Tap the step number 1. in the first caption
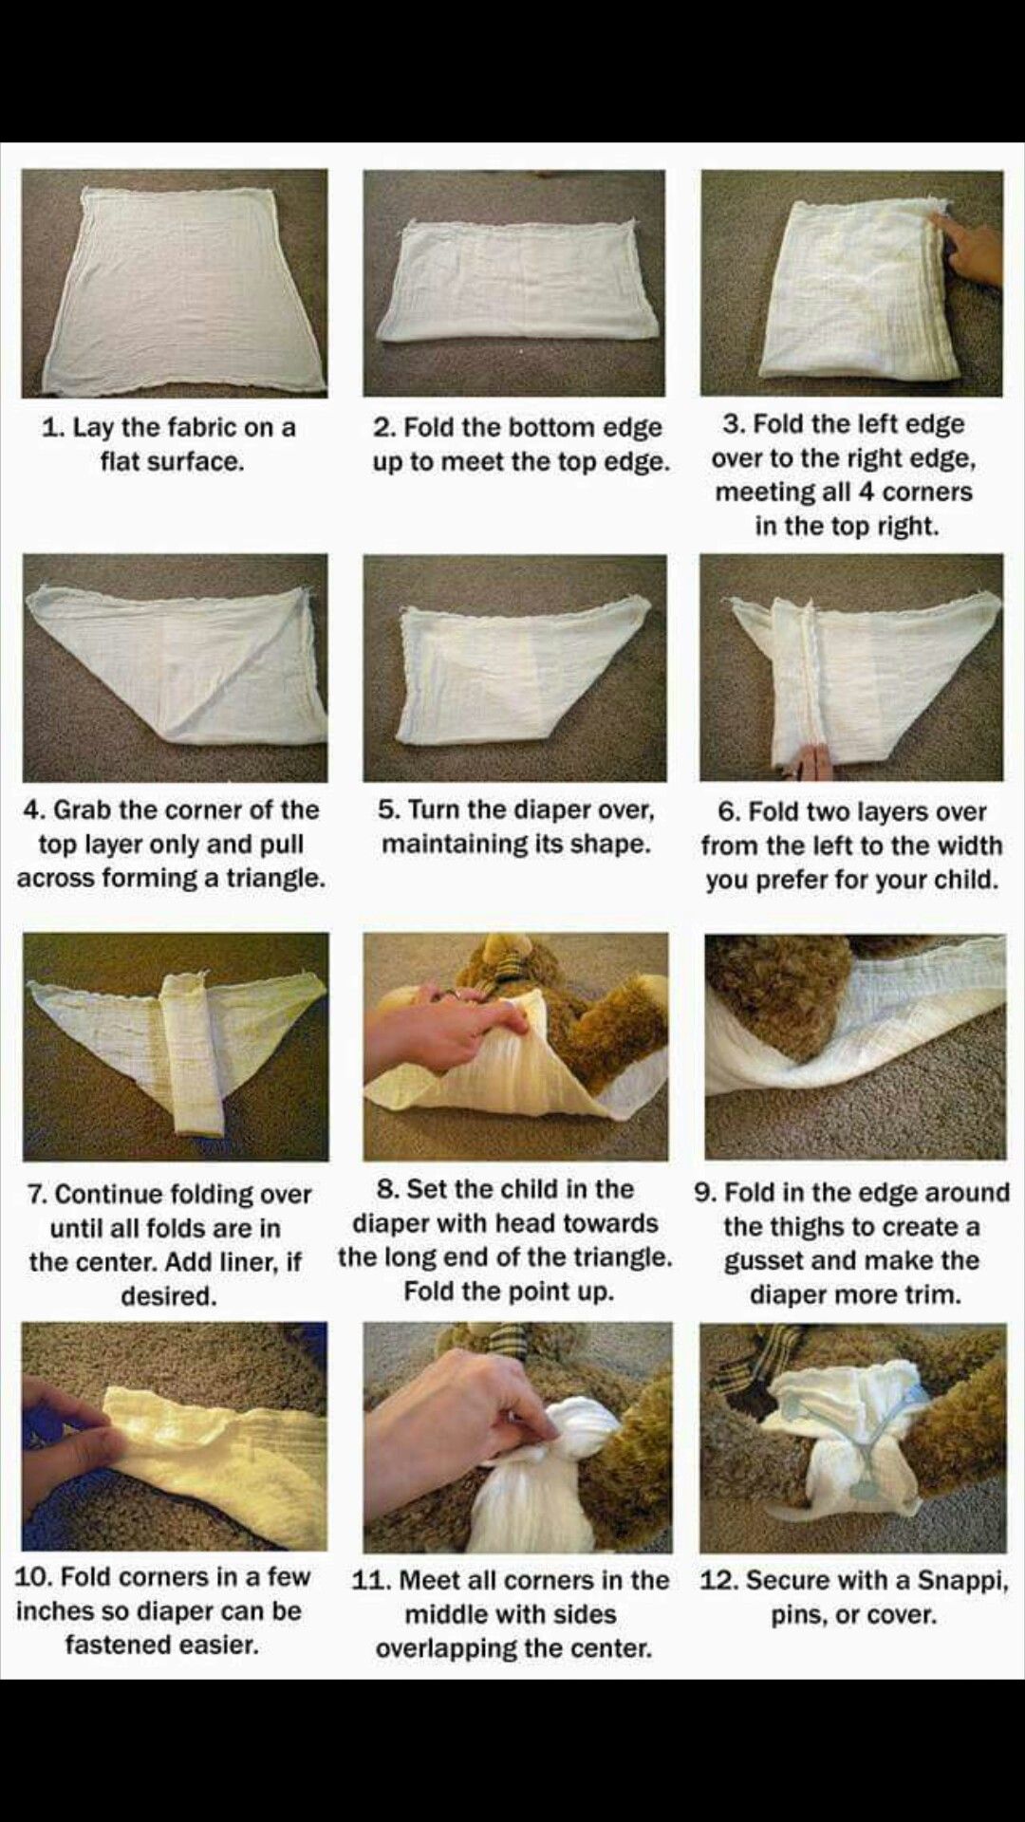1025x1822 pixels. pyautogui.click(x=53, y=428)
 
